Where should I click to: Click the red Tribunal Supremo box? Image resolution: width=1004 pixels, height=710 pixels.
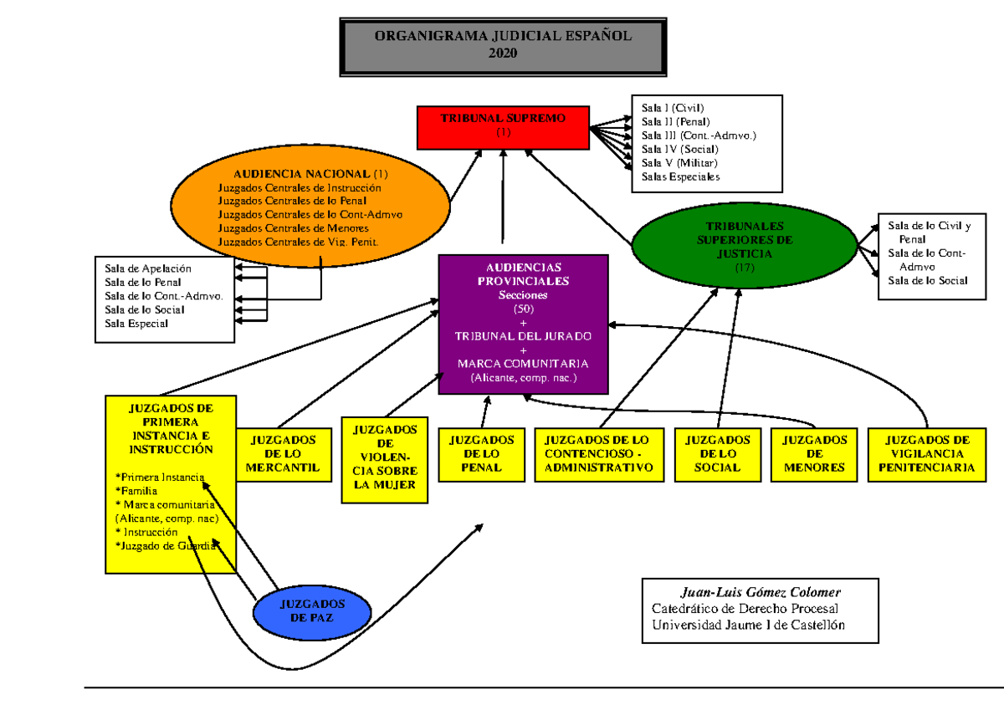click(x=503, y=127)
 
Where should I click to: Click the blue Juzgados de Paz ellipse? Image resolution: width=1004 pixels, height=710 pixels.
click(x=311, y=610)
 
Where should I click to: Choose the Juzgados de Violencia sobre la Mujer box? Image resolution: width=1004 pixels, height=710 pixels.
click(x=384, y=459)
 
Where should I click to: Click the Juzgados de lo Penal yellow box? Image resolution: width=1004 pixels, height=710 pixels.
click(x=481, y=453)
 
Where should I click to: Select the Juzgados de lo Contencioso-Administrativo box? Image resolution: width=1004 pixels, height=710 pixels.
click(x=598, y=453)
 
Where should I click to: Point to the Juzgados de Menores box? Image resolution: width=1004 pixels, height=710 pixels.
click(x=814, y=453)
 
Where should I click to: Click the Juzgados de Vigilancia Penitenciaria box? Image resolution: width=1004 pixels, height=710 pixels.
click(x=926, y=453)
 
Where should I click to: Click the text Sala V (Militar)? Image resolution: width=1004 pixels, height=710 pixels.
click(x=679, y=163)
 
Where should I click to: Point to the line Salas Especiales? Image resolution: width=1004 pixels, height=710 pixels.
click(x=680, y=176)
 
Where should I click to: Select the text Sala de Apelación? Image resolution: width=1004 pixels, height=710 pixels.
click(x=148, y=268)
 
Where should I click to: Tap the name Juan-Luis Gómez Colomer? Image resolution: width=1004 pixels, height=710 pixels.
click(x=760, y=593)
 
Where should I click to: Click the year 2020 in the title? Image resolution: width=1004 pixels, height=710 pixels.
click(x=503, y=53)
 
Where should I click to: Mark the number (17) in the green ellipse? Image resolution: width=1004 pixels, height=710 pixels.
click(x=744, y=268)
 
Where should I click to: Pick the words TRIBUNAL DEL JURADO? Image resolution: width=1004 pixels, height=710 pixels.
click(x=523, y=336)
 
